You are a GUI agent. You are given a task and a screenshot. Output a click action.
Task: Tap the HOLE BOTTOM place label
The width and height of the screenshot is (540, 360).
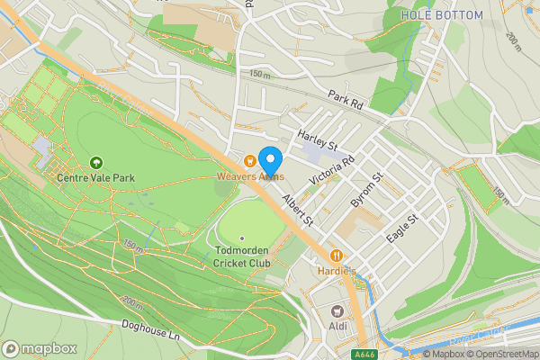click(442, 15)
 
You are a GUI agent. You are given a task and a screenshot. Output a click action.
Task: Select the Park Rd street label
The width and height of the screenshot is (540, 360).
click(346, 100)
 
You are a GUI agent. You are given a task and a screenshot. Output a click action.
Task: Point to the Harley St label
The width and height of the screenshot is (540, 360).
click(317, 139)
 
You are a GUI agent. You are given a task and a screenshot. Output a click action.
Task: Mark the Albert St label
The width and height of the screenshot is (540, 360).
click(297, 208)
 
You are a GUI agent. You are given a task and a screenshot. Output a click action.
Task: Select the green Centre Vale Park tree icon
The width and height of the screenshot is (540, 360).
click(96, 162)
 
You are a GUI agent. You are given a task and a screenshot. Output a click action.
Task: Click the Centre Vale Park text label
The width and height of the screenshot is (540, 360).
click(95, 178)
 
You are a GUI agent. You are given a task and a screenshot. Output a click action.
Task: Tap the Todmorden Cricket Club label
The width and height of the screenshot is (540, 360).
click(241, 256)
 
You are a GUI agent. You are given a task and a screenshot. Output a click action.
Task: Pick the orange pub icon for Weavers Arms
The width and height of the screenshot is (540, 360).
click(248, 160)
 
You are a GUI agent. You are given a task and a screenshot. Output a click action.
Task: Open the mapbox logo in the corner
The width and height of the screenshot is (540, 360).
click(39, 348)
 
